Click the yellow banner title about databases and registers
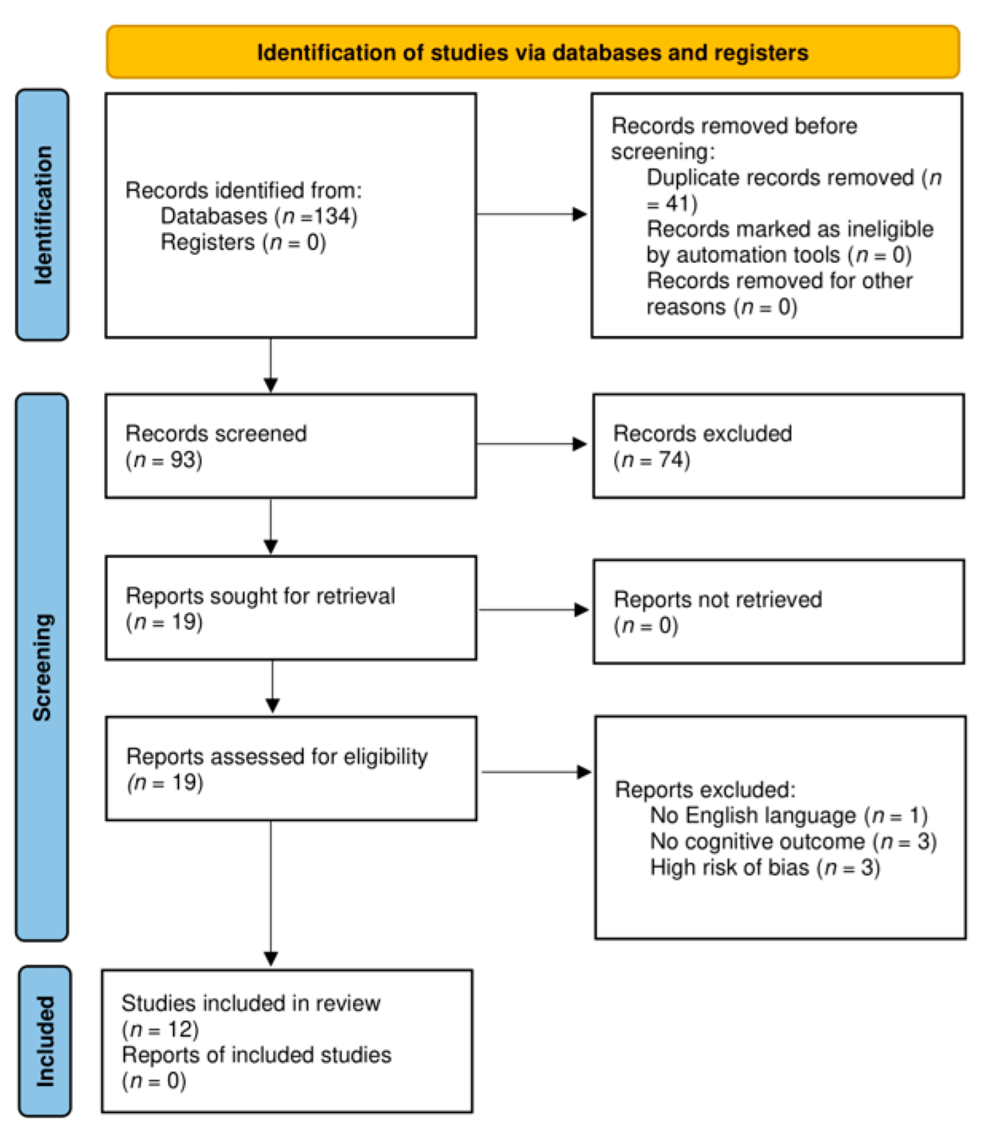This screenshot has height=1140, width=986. click(532, 53)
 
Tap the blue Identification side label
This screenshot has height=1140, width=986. click(43, 215)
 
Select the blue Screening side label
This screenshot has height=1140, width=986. click(42, 667)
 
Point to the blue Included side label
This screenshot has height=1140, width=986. click(45, 1041)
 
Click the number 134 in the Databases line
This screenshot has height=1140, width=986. click(333, 216)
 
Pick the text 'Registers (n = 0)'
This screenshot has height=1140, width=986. click(243, 242)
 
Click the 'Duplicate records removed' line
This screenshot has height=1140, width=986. click(780, 178)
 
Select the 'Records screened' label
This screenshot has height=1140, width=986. click(216, 433)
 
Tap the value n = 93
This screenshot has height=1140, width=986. click(164, 460)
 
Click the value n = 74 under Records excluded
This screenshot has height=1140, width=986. click(652, 460)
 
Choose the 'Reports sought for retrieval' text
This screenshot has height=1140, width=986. click(260, 596)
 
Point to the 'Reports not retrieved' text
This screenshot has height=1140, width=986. click(717, 599)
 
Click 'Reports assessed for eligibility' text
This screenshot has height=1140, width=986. click(277, 757)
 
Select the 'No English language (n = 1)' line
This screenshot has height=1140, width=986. click(788, 816)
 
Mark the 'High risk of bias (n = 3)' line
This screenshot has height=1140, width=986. click(765, 868)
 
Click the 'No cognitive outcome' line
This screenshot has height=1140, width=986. click(793, 842)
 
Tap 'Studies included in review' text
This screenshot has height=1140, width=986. click(251, 1003)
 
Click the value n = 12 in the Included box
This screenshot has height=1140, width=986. click(160, 1029)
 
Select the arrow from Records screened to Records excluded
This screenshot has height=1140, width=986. click(532, 444)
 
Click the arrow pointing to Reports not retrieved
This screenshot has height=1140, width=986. click(533, 610)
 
